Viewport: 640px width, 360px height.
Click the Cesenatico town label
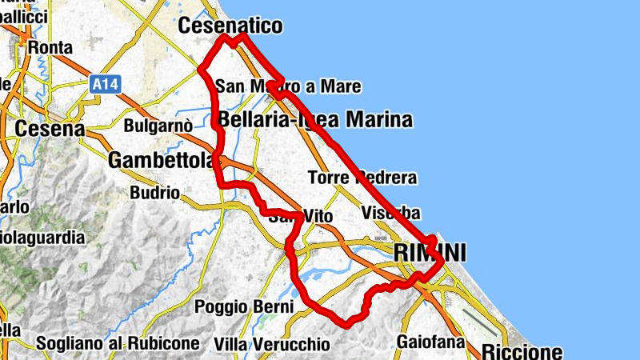pos(231,26)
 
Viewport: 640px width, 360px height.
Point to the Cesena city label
pos(50,128)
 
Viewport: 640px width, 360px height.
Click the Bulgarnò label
pos(158,126)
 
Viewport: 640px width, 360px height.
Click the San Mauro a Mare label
pos(288,86)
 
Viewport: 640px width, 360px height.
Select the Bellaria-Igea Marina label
pos(315,121)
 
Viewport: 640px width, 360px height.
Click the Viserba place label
pos(390,213)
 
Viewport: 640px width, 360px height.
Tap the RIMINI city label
pos(430,253)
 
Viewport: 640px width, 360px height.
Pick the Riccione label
pos(522,351)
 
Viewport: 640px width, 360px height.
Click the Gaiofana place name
pos(430,342)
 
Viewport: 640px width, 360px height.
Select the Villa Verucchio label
pos(272,344)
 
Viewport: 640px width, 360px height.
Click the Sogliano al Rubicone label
pos(117,344)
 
